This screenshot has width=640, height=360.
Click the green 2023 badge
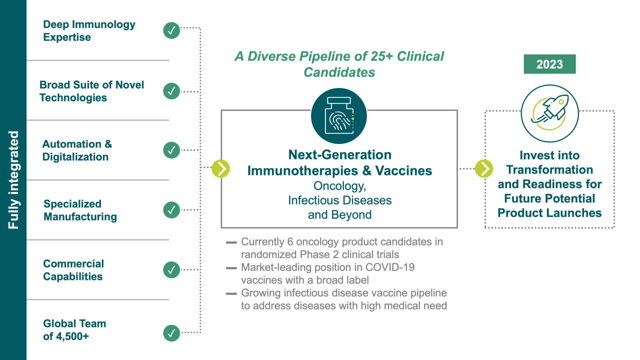[549, 64]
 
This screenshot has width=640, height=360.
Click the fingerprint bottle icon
[339, 115]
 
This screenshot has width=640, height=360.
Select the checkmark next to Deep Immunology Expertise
[171, 30]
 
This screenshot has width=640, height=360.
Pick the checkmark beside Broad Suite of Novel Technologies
[171, 91]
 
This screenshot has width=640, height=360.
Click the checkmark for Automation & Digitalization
[171, 150]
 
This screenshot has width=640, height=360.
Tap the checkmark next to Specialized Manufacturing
[171, 210]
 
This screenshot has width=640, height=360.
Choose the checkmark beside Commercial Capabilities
[171, 269]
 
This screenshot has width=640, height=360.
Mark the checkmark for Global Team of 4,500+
[171, 333]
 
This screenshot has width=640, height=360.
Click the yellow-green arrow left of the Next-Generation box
[221, 168]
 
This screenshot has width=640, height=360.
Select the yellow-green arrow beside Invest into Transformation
[484, 168]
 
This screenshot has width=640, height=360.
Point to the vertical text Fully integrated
[13, 180]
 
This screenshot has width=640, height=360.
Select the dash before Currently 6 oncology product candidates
[231, 242]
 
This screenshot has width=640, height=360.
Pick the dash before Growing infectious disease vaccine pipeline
[231, 293]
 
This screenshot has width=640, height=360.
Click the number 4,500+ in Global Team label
[72, 336]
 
